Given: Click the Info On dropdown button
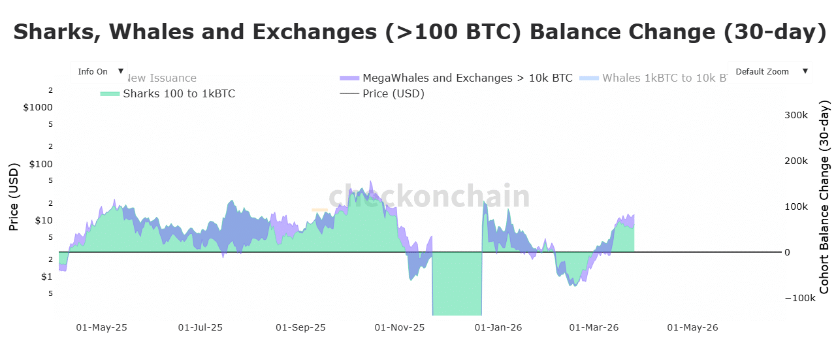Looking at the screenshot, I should tap(99, 72).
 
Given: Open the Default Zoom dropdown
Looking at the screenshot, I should tap(769, 72).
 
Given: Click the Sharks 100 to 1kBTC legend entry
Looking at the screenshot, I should tap(178, 93).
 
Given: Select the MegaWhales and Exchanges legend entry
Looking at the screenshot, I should tap(467, 78).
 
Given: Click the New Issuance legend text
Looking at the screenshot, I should tap(163, 78).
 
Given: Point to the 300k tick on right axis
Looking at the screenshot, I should tap(796, 115).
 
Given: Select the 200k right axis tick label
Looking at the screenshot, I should tap(796, 161).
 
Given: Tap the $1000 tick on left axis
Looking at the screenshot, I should tap(37, 107).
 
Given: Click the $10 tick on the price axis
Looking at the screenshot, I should tap(44, 220).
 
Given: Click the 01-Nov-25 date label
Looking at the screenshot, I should tap(400, 327).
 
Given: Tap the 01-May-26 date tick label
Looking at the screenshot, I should tap(692, 327).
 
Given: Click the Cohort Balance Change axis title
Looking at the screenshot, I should tap(824, 197).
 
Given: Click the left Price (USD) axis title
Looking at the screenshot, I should tap(13, 197).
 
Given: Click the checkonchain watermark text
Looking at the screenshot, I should tap(428, 196).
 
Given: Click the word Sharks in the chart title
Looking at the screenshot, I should tap(55, 32).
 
